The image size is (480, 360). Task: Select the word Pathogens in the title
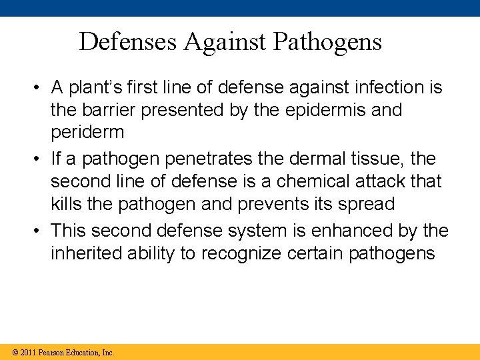(328, 41)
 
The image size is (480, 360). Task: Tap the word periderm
(87, 131)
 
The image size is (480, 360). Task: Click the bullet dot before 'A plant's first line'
(41, 87)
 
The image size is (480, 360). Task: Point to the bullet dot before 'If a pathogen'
(41, 159)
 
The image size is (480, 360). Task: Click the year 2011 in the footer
(27, 352)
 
